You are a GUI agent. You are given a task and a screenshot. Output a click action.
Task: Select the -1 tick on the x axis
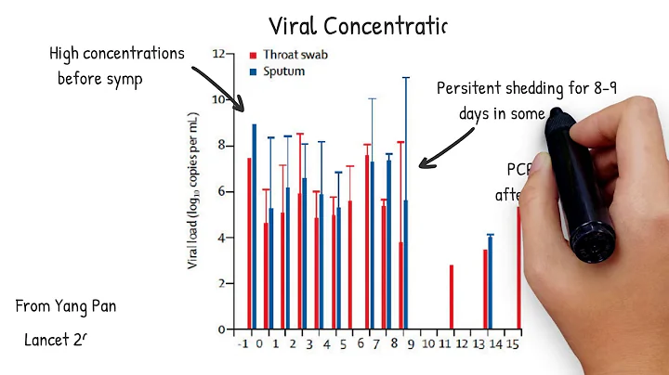coord(243,344)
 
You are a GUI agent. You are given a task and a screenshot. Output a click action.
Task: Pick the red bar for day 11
coord(452,297)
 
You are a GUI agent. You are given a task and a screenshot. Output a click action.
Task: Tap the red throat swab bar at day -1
coord(249,243)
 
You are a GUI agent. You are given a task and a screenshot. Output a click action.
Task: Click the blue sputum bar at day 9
coord(406,265)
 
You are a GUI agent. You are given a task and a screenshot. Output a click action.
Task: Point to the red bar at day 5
coord(350,265)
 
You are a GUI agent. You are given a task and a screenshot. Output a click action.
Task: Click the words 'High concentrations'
coord(117,54)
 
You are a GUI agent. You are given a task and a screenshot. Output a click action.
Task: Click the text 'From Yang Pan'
coord(66,306)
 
